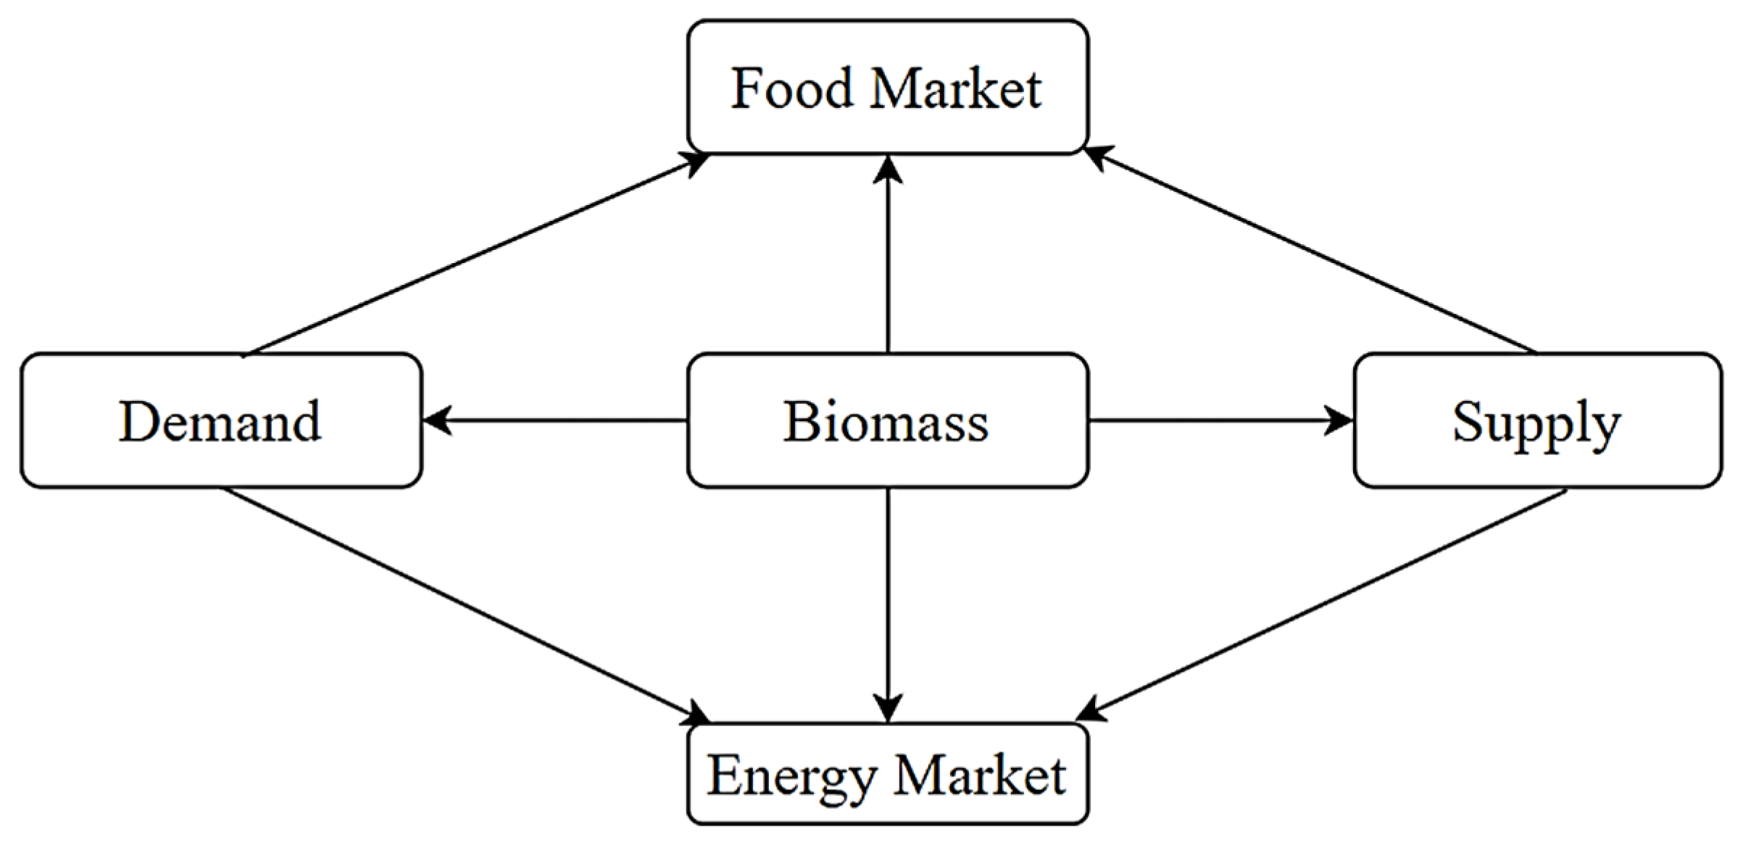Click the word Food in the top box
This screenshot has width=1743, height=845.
pos(791,88)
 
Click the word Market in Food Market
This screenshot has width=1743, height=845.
pos(956,88)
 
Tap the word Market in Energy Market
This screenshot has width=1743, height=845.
pos(979,776)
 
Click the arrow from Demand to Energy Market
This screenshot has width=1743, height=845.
pos(464,605)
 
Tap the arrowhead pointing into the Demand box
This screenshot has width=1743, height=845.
pos(437,420)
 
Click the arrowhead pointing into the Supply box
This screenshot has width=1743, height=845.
pos(1338,420)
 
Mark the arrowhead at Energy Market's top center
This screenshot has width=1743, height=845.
pos(888,707)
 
